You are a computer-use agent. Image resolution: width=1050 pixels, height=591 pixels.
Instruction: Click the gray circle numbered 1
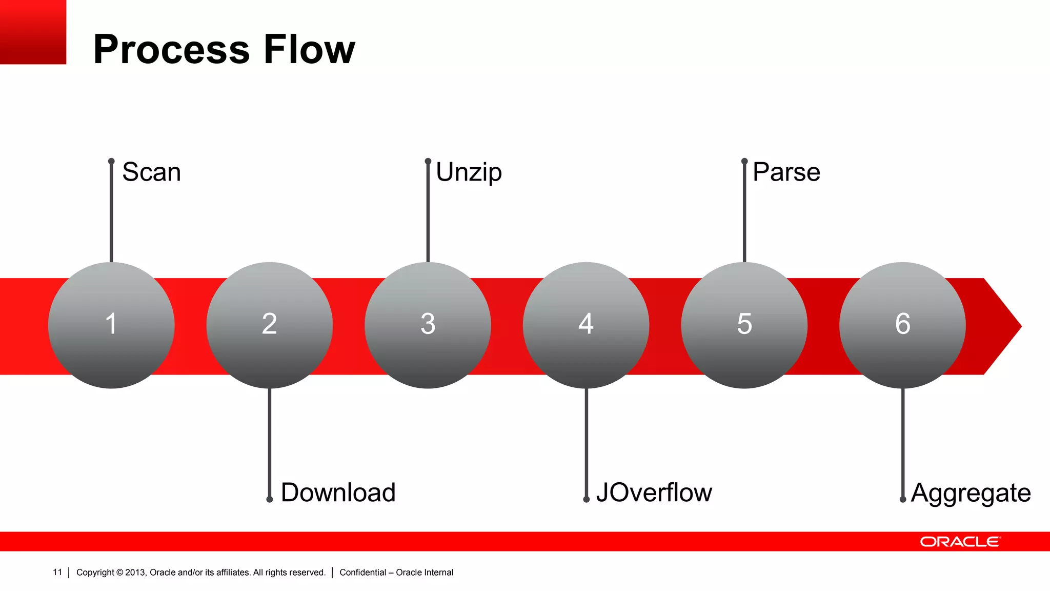pyautogui.click(x=111, y=325)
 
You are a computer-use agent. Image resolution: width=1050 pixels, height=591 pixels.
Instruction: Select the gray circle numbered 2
pyautogui.click(x=269, y=325)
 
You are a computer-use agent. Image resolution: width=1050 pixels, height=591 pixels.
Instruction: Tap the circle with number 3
pyautogui.click(x=428, y=325)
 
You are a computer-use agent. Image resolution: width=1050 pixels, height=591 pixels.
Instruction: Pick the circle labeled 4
pyautogui.click(x=586, y=325)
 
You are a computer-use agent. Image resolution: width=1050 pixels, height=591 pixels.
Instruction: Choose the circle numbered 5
pyautogui.click(x=744, y=325)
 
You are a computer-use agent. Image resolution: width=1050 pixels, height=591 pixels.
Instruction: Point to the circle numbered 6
pyautogui.click(x=902, y=325)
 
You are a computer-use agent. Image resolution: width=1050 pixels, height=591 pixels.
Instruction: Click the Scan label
pyautogui.click(x=151, y=172)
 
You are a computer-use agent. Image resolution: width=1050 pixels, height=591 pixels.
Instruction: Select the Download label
pyautogui.click(x=338, y=493)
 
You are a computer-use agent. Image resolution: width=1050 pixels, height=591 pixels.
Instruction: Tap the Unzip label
pyautogui.click(x=469, y=173)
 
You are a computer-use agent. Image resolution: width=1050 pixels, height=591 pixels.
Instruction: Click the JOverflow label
pyautogui.click(x=654, y=493)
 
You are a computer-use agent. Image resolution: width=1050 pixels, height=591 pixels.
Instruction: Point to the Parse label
pyautogui.click(x=786, y=172)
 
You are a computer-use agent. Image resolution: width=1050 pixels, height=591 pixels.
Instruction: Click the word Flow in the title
pyautogui.click(x=309, y=49)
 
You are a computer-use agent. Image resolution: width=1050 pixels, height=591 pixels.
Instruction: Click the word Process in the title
pyautogui.click(x=172, y=49)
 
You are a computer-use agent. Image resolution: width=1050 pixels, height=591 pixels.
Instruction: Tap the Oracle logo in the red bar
pyautogui.click(x=960, y=542)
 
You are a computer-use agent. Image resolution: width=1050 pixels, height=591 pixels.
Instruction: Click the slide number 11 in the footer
pyautogui.click(x=57, y=572)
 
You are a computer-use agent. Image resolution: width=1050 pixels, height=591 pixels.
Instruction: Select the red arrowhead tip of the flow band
pyautogui.click(x=1005, y=326)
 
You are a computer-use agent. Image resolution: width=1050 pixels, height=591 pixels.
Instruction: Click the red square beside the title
pyautogui.click(x=33, y=32)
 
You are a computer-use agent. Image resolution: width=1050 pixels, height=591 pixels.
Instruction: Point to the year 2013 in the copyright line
pyautogui.click(x=135, y=573)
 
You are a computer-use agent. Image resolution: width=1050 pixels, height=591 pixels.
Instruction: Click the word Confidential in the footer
pyautogui.click(x=362, y=573)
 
